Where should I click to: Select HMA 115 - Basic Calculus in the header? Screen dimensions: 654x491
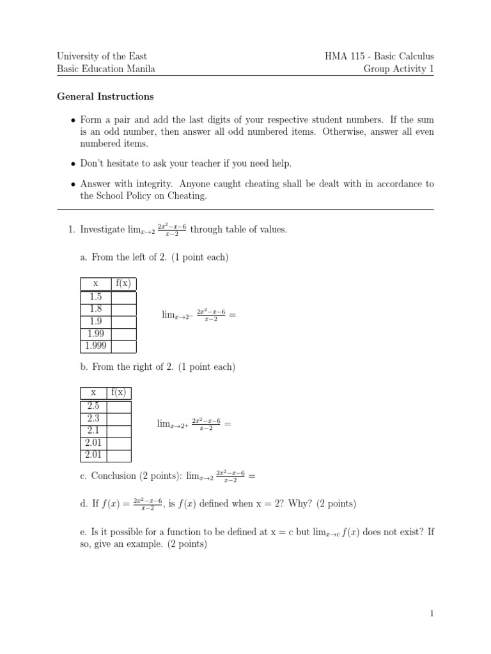tap(380, 56)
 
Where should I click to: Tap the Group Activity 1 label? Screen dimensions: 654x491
tap(399, 69)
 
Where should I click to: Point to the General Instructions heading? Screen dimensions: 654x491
tap(105, 97)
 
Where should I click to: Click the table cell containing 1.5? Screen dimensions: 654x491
tap(96, 296)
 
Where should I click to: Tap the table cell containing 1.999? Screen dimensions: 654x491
tap(96, 346)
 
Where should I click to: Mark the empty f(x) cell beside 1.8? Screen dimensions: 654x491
tap(124, 309)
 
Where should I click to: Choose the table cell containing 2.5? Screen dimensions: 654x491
tap(93, 406)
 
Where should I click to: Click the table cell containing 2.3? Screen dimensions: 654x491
tap(93, 418)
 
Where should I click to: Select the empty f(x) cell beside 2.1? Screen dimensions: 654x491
tap(120, 430)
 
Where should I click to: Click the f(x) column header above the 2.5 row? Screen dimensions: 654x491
tap(120, 393)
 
